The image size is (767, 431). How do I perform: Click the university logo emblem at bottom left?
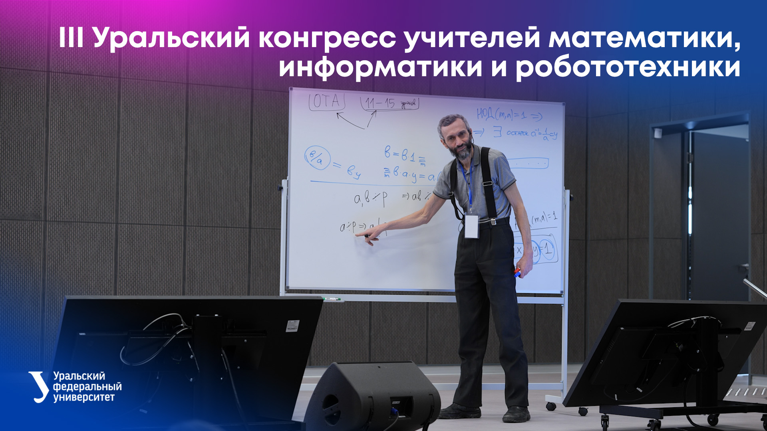pos(39,386)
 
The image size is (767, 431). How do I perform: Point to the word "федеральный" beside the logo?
pos(87,387)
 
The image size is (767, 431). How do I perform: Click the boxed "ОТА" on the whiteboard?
pos(327,103)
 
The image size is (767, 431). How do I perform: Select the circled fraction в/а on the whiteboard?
pos(317,158)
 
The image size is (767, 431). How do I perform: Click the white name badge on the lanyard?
pos(471,226)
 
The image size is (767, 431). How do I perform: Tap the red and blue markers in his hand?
pos(517,273)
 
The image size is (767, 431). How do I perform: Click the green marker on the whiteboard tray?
pos(331,299)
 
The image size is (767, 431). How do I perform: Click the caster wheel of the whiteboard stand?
pos(551,406)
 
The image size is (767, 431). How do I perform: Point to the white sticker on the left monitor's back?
pos(292,326)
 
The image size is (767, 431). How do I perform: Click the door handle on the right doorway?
pos(743,267)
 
